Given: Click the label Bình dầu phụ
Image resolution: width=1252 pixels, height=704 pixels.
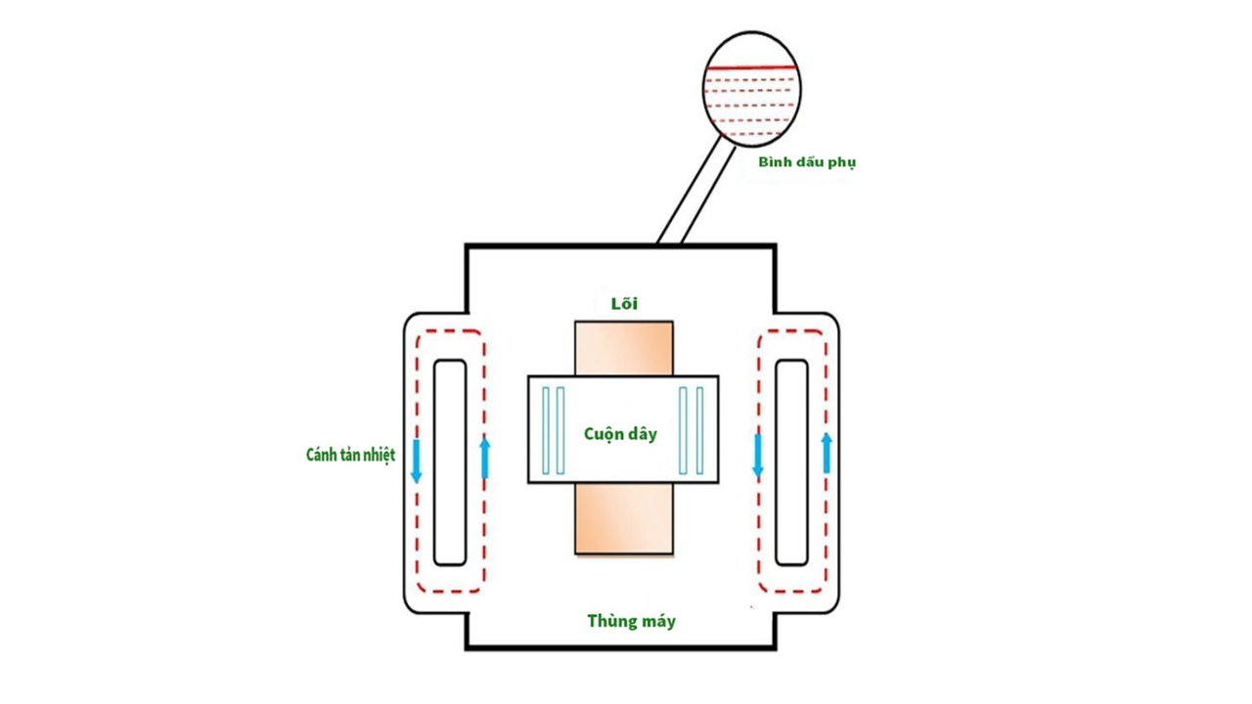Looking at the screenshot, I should (806, 162).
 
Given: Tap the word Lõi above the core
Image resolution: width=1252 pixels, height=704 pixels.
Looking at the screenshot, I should (624, 304).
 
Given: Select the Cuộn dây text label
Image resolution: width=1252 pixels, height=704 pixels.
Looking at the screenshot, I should (620, 434).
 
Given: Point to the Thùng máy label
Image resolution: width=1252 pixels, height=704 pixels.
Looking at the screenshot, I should (631, 621).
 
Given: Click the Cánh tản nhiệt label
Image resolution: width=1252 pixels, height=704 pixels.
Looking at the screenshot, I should (350, 456).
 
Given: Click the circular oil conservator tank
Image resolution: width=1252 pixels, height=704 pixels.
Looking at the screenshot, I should (752, 88).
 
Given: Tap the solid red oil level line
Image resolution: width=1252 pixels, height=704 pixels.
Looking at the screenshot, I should (752, 67).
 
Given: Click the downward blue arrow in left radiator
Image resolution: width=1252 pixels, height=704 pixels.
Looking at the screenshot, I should (416, 461).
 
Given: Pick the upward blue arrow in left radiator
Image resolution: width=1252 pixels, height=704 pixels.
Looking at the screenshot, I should (485, 458).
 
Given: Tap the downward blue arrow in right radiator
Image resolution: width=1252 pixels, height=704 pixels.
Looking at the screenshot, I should (757, 457).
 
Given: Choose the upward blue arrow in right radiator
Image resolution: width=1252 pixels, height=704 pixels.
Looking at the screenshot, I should (827, 453).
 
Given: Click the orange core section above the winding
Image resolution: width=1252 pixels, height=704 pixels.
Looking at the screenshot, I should (623, 348).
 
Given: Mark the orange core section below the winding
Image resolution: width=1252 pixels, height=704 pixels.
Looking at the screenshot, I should (623, 518).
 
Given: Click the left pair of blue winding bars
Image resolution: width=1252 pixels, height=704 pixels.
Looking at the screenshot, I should (554, 430).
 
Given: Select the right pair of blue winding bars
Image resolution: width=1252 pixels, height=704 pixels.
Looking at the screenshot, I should (692, 430).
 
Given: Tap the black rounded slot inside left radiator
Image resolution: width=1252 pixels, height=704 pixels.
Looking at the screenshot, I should (450, 462).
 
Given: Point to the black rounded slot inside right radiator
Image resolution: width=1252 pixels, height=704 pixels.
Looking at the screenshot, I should (791, 462).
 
